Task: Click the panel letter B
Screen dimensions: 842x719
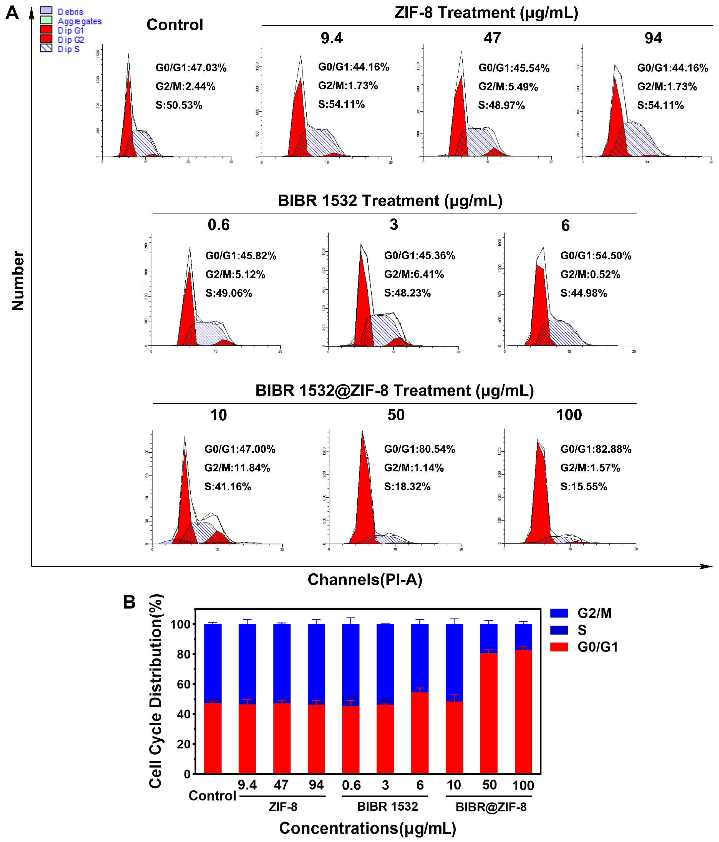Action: click(129, 602)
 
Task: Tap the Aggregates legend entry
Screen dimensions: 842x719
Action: click(79, 21)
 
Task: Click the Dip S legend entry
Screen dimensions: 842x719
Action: click(68, 49)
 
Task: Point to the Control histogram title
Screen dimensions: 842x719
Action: click(175, 25)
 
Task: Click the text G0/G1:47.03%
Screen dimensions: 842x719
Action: click(191, 68)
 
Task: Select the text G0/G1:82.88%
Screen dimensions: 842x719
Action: click(596, 449)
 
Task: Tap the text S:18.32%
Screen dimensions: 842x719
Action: click(407, 486)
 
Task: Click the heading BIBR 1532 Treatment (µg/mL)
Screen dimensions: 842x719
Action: click(390, 201)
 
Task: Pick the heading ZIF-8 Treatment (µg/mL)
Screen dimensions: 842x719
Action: click(486, 13)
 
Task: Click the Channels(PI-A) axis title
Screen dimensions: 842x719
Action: click(365, 579)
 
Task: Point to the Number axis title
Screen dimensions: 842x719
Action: click(18, 280)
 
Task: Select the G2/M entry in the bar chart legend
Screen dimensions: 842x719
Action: click(594, 613)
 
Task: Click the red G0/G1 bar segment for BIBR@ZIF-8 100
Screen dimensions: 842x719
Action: click(523, 711)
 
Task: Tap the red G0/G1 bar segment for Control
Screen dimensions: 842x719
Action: click(213, 738)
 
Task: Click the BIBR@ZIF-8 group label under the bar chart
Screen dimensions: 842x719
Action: click(491, 807)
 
